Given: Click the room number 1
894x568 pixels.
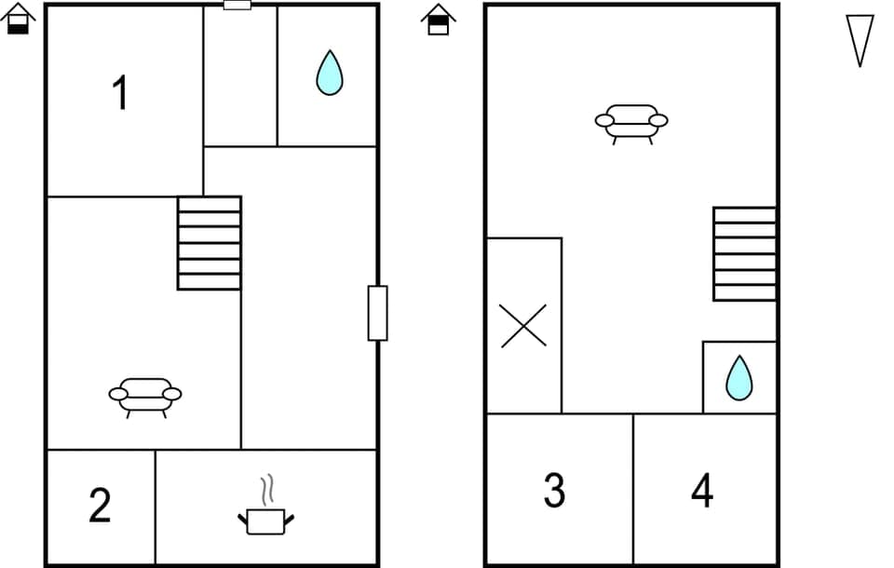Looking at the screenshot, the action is (120, 94).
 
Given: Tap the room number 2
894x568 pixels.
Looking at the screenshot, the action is (100, 506).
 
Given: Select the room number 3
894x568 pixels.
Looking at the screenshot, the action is (554, 491).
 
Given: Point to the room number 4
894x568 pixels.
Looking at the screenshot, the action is (702, 490).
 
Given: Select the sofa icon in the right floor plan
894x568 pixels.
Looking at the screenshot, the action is (631, 123).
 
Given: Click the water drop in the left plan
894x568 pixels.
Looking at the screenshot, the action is (329, 73).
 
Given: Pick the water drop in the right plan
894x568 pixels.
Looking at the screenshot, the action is (738, 378).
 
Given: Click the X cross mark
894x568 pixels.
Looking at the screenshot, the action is (523, 326).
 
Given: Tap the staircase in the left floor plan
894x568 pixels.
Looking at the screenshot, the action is (210, 243).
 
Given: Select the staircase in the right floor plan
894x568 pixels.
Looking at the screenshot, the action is (745, 253).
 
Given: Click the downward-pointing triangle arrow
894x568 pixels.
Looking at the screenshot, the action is (860, 39).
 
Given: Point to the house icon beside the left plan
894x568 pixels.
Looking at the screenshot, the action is (19, 19).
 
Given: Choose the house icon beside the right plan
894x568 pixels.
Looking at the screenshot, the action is (438, 20).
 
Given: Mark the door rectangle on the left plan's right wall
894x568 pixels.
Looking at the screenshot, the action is (377, 313).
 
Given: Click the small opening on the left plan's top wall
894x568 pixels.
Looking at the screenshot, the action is (237, 6).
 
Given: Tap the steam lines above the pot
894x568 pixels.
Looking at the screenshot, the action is (267, 489).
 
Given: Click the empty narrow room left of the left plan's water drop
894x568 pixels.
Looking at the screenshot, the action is (240, 76).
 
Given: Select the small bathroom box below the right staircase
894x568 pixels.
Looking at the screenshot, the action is (740, 377).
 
